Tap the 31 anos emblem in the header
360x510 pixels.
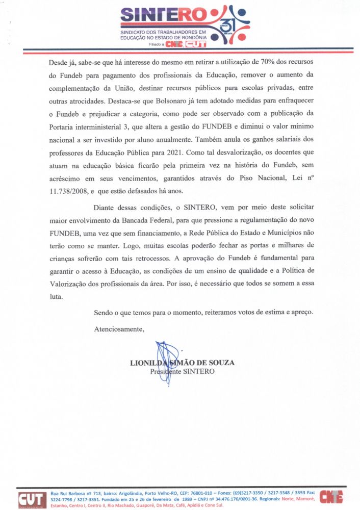(230, 25)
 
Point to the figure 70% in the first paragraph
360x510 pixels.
(267, 61)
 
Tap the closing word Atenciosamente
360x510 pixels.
(119, 329)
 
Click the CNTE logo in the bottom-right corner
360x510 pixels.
(331, 496)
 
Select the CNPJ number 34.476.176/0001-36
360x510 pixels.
(233, 499)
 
